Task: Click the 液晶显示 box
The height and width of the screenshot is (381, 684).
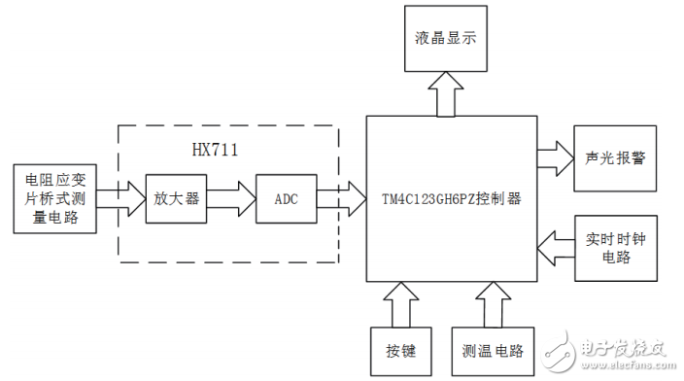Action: pos(443,40)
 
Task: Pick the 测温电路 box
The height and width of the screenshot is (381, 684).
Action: pos(491,348)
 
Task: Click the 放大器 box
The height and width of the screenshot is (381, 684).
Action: pos(177,198)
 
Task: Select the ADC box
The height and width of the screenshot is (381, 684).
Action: pos(286,198)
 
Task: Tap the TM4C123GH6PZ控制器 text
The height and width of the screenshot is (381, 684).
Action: pos(453,199)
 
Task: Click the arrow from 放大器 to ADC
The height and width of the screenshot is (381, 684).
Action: pos(231,198)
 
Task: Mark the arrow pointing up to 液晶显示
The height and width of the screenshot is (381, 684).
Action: pos(443,96)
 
